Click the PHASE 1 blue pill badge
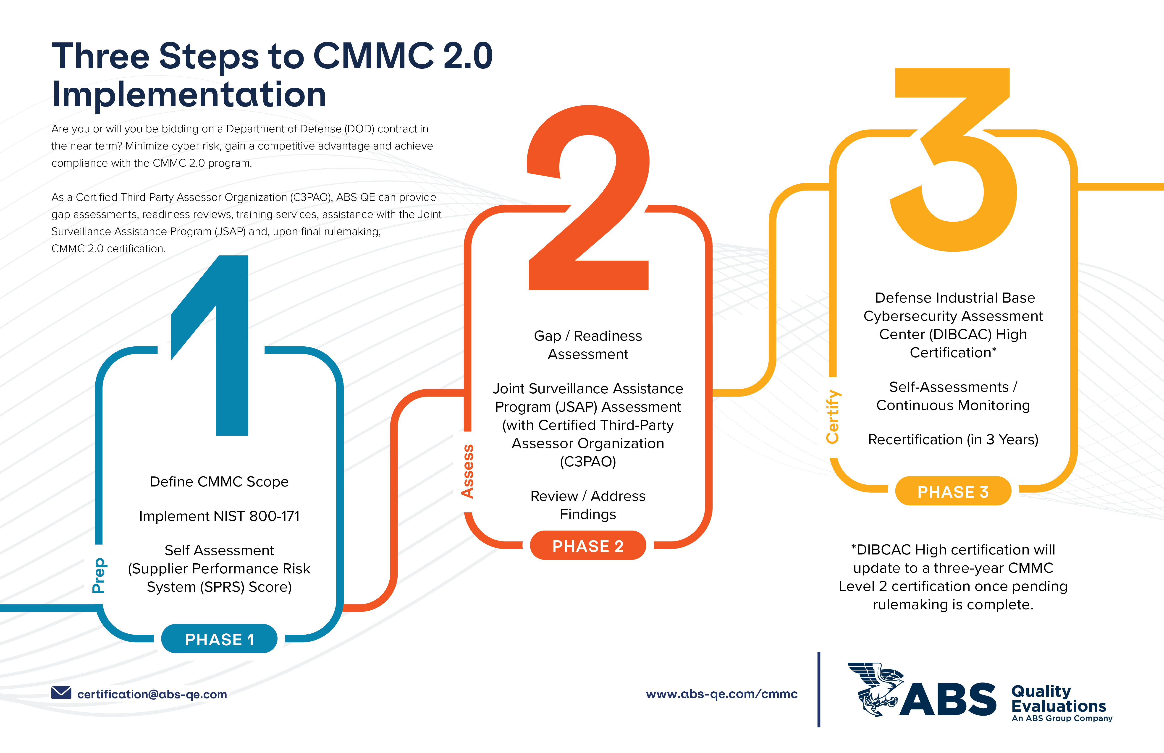click(x=219, y=639)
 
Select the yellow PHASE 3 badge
click(x=953, y=492)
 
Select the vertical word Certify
click(x=833, y=417)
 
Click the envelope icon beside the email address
click(x=61, y=693)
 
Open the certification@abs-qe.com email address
click(x=152, y=694)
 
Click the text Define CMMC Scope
click(x=219, y=482)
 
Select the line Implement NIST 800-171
click(x=219, y=516)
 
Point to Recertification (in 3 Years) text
click(x=953, y=439)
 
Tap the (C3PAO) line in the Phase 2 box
click(x=588, y=462)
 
